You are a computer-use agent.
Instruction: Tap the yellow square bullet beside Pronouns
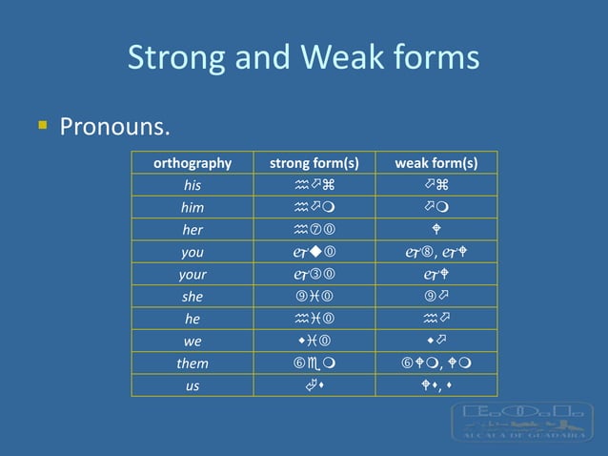[42, 124]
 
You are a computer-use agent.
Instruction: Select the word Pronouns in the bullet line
[114, 126]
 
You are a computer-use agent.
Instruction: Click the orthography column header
[193, 163]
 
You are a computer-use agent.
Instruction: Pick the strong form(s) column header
[314, 163]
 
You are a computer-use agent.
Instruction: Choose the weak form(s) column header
[436, 163]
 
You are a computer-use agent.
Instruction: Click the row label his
[193, 185]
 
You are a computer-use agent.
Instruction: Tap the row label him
[193, 207]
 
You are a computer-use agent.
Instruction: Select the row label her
[193, 230]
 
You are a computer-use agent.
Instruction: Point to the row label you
[193, 252]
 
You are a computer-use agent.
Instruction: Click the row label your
[193, 274]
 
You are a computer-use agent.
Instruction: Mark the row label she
[193, 297]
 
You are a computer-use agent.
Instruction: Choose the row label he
[193, 319]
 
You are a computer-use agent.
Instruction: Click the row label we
[193, 341]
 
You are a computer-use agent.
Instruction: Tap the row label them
[193, 363]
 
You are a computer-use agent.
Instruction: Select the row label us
[193, 385]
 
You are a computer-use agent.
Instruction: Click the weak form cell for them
[436, 363]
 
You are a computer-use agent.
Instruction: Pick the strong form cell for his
[314, 185]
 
